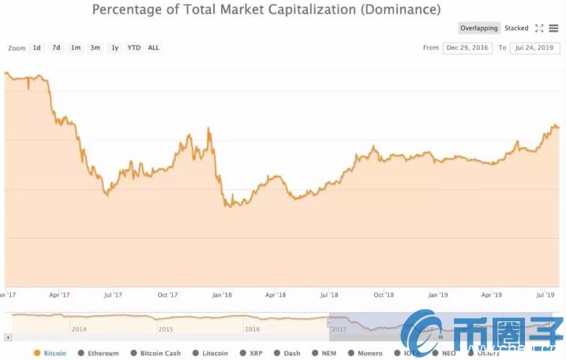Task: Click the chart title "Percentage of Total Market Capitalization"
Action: pyautogui.click(x=266, y=10)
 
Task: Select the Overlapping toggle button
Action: pyautogui.click(x=479, y=28)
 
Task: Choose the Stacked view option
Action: pyautogui.click(x=516, y=28)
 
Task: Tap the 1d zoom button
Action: pyautogui.click(x=36, y=47)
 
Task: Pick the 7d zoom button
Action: pyautogui.click(x=56, y=47)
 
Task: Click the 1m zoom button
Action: pyautogui.click(x=76, y=47)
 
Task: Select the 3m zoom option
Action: pyautogui.click(x=95, y=47)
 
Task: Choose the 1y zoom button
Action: pyautogui.click(x=114, y=47)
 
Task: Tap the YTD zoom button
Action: pyautogui.click(x=134, y=47)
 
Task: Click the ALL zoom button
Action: pyautogui.click(x=153, y=47)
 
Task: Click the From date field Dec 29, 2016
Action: pyautogui.click(x=467, y=48)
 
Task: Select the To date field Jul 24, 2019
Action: pyautogui.click(x=535, y=48)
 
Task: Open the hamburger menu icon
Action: pyautogui.click(x=554, y=28)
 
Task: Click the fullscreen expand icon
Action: pyautogui.click(x=539, y=28)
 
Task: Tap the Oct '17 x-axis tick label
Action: pyautogui.click(x=167, y=295)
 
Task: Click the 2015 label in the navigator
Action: pyautogui.click(x=165, y=329)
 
